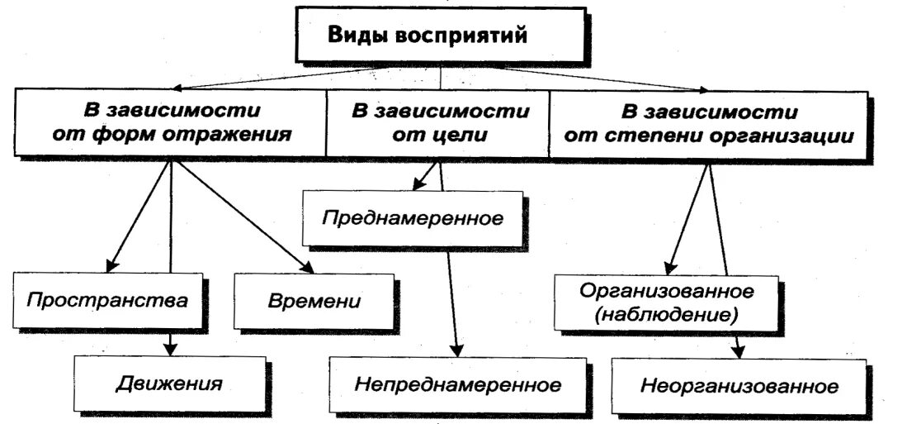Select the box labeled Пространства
point(106,299)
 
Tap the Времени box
point(314,300)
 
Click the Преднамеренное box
point(413,219)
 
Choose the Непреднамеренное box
point(458,385)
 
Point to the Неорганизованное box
point(739,386)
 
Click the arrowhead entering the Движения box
point(170,348)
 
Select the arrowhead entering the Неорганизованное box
point(739,351)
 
